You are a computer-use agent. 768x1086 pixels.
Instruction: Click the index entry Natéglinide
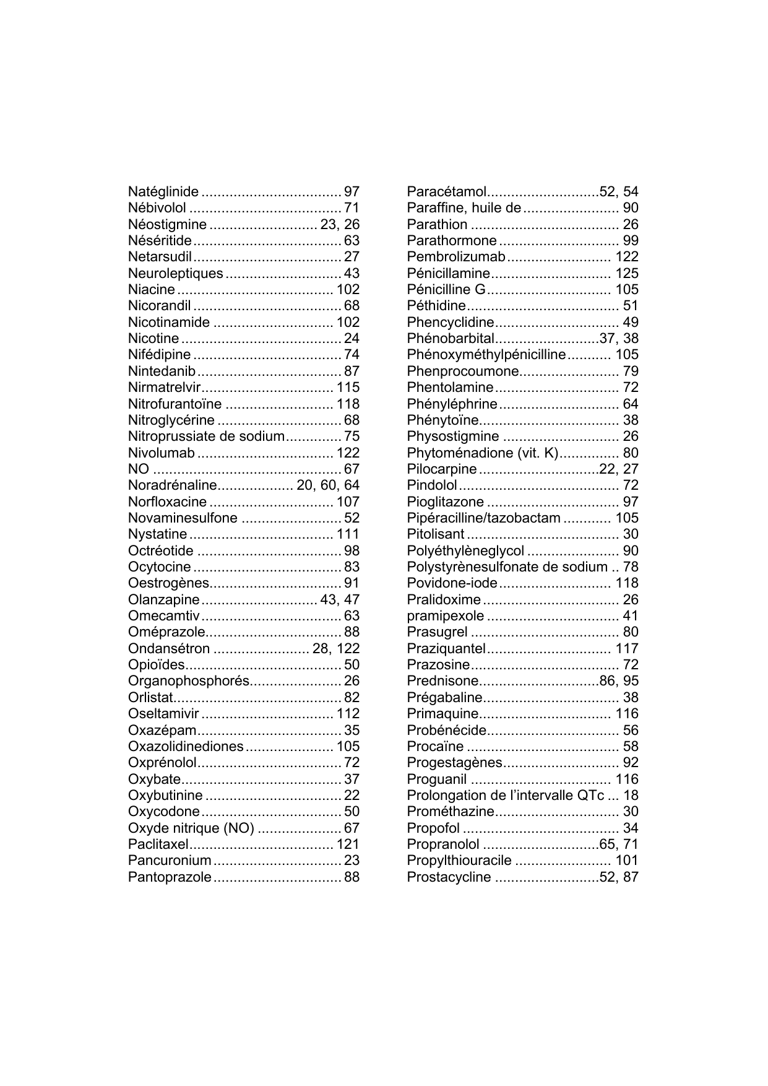(163, 192)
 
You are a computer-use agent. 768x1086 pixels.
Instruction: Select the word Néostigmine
(167, 224)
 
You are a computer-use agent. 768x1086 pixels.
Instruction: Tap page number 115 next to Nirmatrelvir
(348, 388)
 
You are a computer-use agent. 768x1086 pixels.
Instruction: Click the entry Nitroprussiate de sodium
(206, 437)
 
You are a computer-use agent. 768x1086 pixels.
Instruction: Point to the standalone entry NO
(139, 469)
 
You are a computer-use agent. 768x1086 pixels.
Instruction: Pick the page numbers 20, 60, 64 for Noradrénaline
(328, 485)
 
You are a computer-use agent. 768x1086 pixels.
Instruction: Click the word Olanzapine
(164, 600)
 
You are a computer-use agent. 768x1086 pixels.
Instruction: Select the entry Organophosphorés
(189, 681)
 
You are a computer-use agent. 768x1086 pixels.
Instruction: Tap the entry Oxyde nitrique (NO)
(191, 828)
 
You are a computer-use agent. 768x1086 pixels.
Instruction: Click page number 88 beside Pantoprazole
(352, 877)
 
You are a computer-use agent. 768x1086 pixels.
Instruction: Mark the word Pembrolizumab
(456, 257)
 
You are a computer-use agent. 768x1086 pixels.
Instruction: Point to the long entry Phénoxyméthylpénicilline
(486, 355)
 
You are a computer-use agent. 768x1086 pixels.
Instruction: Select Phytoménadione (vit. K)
(483, 453)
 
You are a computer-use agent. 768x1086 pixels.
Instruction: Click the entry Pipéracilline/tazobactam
(484, 518)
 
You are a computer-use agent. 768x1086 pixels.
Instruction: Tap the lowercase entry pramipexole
(446, 616)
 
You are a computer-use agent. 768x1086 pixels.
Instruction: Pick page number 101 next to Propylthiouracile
(626, 861)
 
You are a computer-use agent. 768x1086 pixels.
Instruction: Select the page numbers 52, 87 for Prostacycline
(619, 877)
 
